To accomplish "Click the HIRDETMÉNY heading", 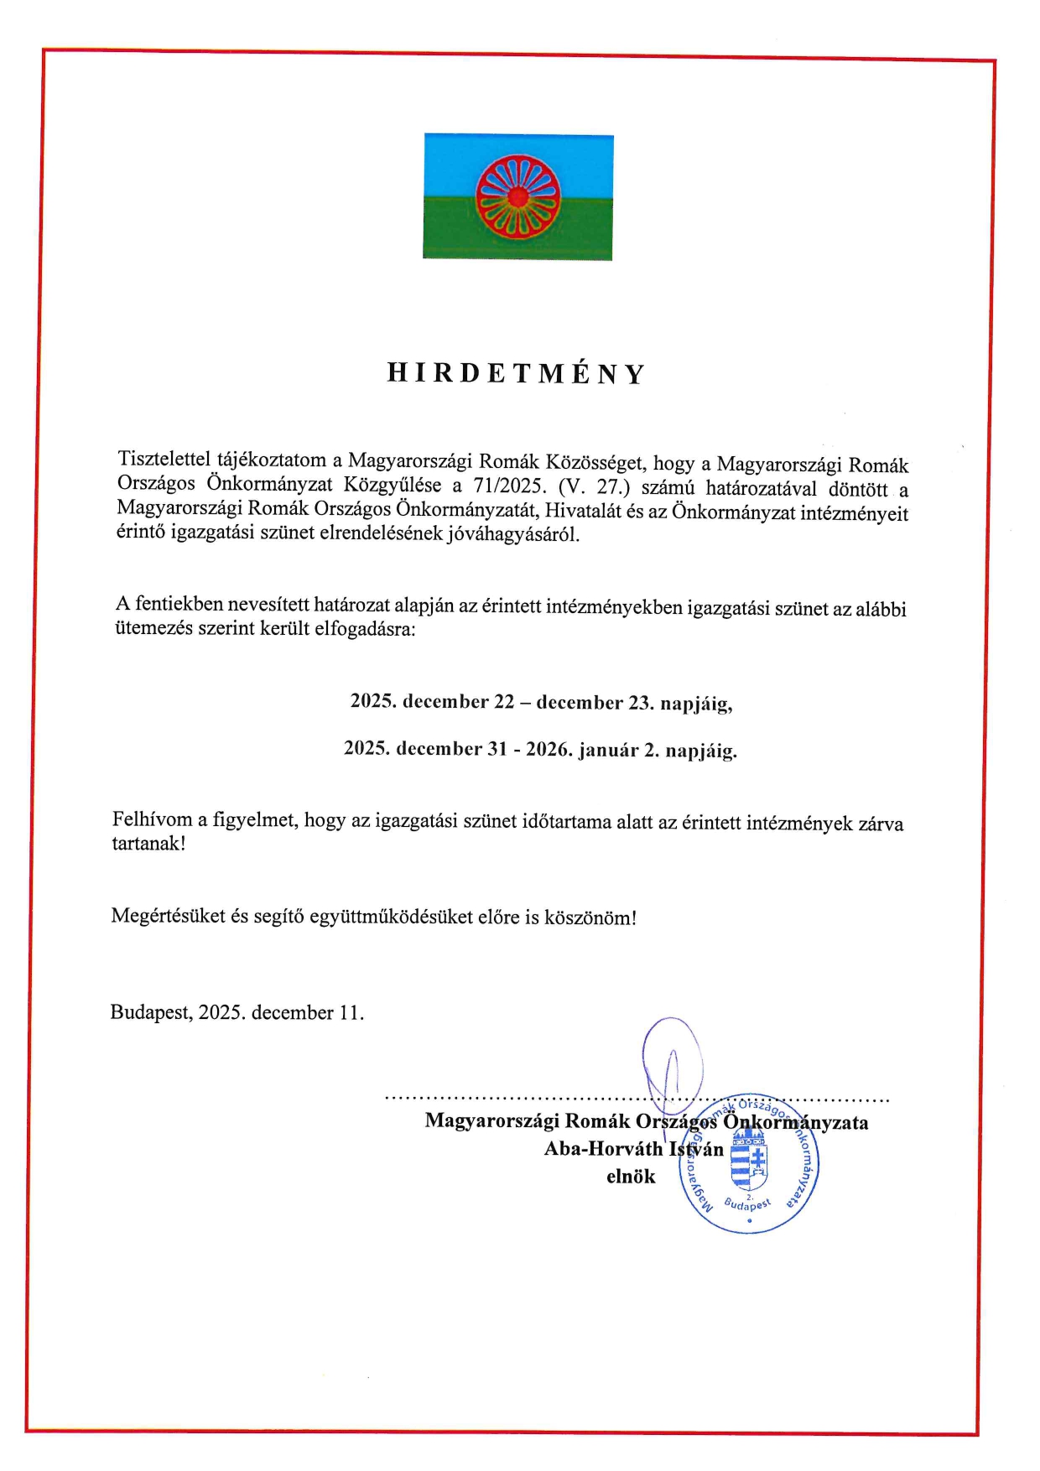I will (x=516, y=374).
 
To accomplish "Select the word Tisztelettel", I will (x=164, y=460).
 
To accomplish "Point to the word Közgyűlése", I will (x=392, y=485).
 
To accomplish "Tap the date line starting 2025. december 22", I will (x=541, y=702).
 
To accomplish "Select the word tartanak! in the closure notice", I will (x=148, y=843).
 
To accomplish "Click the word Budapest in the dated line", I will (x=151, y=1012).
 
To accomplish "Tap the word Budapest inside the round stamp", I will (x=746, y=1204).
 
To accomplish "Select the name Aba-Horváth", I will (x=603, y=1149).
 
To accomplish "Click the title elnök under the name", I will (x=631, y=1177).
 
